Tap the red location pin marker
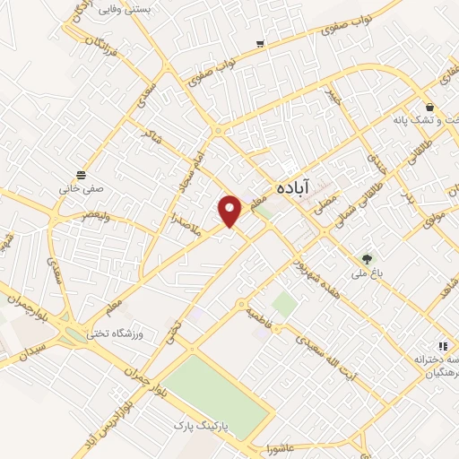(x=229, y=212)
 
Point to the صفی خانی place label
(x=82, y=190)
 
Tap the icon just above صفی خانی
(x=82, y=174)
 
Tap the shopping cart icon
(x=260, y=43)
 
